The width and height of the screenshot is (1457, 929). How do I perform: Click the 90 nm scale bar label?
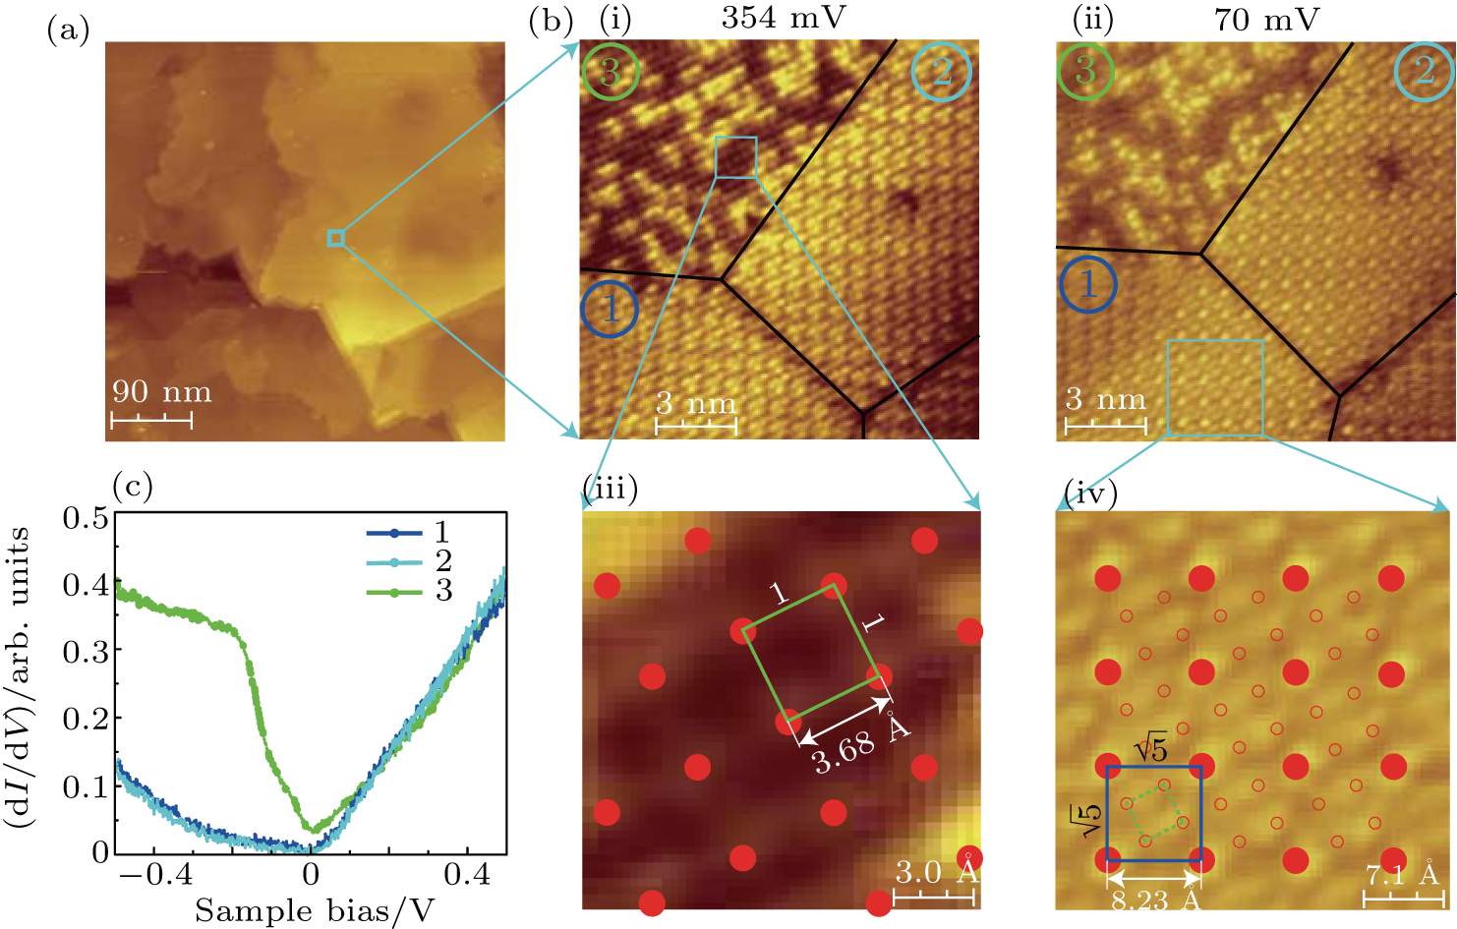click(161, 392)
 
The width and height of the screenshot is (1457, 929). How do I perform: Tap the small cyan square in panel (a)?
click(336, 238)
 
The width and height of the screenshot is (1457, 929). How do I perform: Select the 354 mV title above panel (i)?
click(784, 19)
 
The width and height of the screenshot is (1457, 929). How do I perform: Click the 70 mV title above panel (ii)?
click(1266, 19)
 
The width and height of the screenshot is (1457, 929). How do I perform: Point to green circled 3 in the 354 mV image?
click(610, 72)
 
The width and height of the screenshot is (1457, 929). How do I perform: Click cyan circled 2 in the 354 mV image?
click(941, 71)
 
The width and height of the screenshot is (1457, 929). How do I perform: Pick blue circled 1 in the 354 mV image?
click(610, 309)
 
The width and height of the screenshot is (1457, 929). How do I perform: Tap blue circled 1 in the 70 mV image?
click(1088, 284)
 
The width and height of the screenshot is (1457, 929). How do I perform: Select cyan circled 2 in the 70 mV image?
click(1424, 71)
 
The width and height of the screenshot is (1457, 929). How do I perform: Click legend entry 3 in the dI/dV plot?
click(442, 591)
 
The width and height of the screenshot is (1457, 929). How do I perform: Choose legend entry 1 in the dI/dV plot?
click(442, 533)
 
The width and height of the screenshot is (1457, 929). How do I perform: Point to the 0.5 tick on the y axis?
click(86, 517)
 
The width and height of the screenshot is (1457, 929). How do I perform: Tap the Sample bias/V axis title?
click(314, 910)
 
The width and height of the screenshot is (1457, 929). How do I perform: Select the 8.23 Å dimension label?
click(1155, 900)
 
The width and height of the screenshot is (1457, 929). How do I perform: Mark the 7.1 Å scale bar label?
click(1401, 874)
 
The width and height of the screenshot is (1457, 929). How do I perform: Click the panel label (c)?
click(133, 487)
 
